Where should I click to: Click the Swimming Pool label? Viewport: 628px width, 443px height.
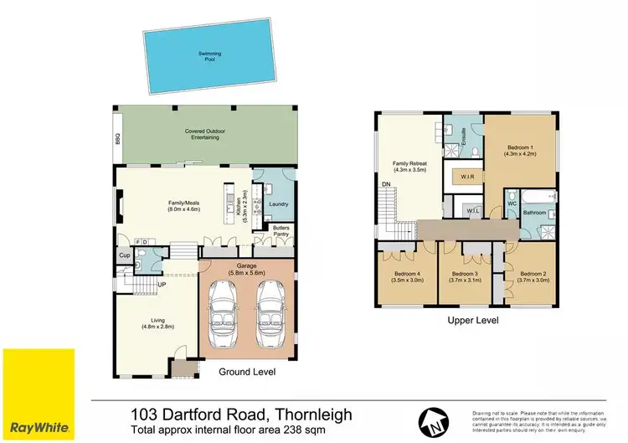click(x=208, y=56)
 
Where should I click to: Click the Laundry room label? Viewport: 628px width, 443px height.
click(x=279, y=203)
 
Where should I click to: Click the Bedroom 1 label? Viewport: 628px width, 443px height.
click(x=519, y=150)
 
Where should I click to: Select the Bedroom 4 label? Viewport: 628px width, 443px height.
click(x=408, y=276)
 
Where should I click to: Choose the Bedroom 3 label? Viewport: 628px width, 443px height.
click(x=466, y=276)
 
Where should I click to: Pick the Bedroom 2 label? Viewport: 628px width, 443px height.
click(x=533, y=276)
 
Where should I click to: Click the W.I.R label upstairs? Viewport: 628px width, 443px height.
click(x=467, y=178)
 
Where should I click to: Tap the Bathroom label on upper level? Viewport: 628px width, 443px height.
click(x=534, y=214)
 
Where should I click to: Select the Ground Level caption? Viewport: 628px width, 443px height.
click(x=246, y=372)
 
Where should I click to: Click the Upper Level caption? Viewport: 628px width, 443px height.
click(x=474, y=321)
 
